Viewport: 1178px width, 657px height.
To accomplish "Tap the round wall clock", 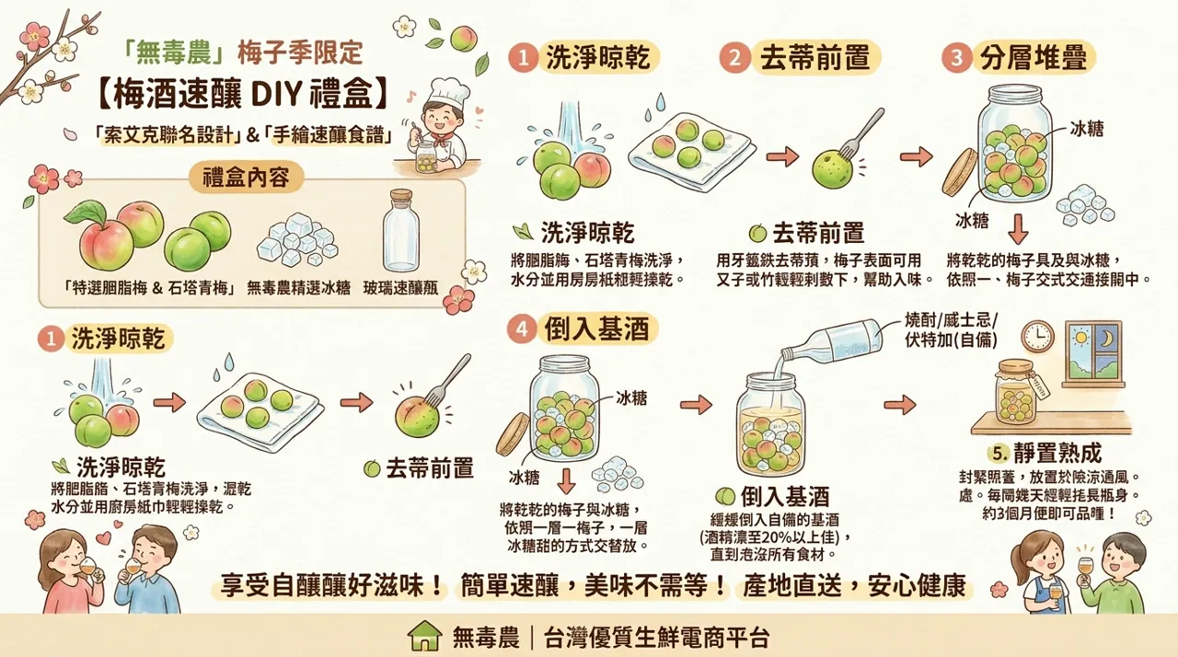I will click(x=1037, y=336).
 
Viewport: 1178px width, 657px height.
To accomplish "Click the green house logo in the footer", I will click(x=424, y=635).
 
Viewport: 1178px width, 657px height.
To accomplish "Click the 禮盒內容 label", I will click(x=245, y=177).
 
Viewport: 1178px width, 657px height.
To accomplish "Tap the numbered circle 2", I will click(x=734, y=58).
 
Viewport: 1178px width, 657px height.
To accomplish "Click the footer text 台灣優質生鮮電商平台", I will click(x=657, y=636).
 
